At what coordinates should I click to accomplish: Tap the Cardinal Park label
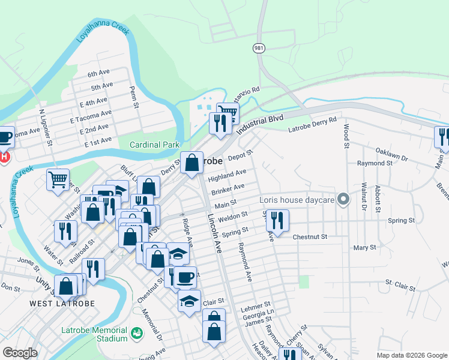155,145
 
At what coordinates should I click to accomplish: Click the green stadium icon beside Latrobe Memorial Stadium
137,332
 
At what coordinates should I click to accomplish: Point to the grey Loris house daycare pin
343,199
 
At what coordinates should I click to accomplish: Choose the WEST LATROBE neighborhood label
55,304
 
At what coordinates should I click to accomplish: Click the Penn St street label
134,97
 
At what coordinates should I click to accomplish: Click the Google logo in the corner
19,353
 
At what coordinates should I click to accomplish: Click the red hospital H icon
4,157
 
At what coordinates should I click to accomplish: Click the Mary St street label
364,247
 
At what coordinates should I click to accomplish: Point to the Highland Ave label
227,175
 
